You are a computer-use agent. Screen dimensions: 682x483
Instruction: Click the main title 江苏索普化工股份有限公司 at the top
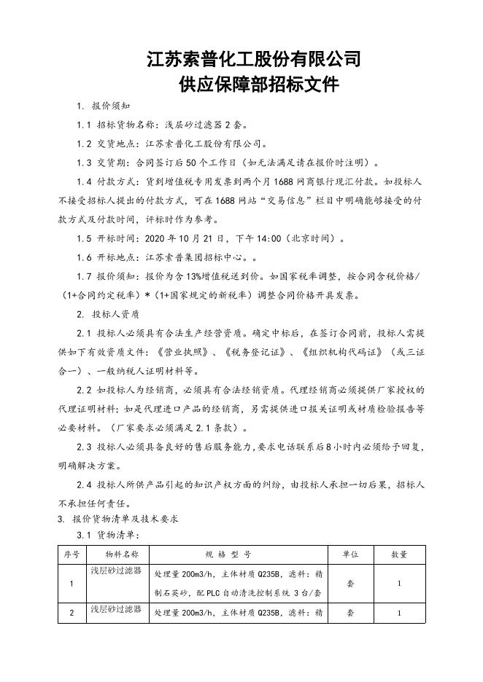click(x=254, y=58)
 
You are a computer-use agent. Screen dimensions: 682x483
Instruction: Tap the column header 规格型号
click(x=239, y=554)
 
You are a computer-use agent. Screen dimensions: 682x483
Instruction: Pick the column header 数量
click(x=399, y=554)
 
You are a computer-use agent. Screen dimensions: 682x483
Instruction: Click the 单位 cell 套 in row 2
click(x=350, y=614)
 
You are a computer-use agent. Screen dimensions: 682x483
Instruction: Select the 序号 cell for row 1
click(x=71, y=584)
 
